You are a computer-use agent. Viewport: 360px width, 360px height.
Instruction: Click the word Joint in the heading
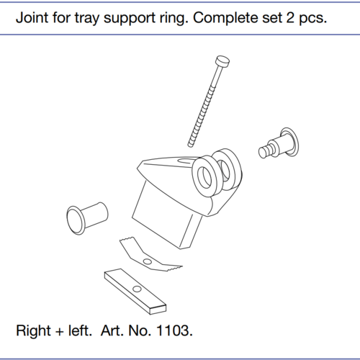point(32,18)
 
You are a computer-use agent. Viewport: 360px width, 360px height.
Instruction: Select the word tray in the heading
point(87,19)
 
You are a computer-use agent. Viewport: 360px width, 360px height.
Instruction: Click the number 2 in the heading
point(290,18)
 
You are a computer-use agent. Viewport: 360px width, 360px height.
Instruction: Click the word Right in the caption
point(33,331)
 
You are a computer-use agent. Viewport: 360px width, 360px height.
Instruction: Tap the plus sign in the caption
point(60,332)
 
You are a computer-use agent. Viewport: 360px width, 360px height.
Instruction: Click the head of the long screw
point(222,60)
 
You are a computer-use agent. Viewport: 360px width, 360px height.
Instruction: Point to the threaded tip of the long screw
point(190,144)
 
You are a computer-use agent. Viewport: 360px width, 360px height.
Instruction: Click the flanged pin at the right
point(279,143)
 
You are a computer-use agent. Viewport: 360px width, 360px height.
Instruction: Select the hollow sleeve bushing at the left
point(87,218)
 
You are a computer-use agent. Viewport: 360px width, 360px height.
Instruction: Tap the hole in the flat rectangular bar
point(137,289)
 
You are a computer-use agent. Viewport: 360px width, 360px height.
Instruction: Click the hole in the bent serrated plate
point(147,261)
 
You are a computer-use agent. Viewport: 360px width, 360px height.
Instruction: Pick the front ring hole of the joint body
point(204,177)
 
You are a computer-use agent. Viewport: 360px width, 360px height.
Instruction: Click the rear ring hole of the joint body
point(225,170)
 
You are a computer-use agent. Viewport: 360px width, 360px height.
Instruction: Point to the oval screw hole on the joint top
point(184,161)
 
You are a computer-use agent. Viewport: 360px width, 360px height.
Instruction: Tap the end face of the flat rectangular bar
point(158,310)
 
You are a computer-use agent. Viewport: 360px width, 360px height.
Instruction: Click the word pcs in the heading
point(312,19)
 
